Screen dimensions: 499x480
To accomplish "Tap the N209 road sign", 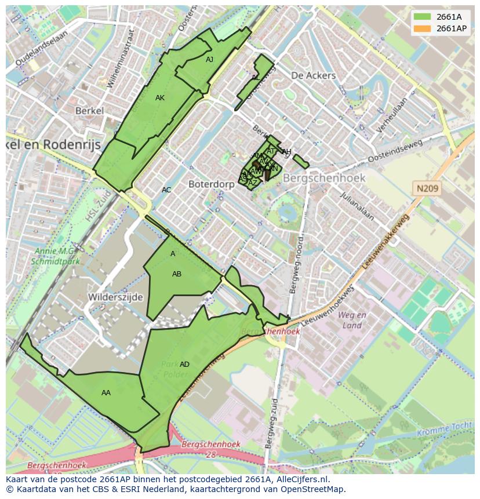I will [427, 188].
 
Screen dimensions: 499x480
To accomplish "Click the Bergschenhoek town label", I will [324, 178].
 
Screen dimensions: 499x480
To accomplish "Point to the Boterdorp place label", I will [211, 184].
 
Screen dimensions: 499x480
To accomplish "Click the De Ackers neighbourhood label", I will [313, 75].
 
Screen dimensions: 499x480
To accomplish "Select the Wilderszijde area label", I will [115, 297].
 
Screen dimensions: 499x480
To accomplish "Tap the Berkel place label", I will [89, 111].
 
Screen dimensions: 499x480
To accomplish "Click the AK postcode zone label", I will [160, 98].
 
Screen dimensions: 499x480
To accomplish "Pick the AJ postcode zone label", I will [209, 59].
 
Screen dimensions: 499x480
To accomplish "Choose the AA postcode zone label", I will [106, 393].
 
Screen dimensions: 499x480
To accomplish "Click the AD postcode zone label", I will [184, 365].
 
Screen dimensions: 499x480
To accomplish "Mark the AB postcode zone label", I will [177, 274].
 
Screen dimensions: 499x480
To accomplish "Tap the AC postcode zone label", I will [166, 190].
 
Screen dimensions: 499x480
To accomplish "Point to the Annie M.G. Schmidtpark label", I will [56, 256].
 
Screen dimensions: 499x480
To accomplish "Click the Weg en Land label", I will [352, 320].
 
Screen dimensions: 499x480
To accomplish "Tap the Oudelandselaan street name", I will [41, 48].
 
